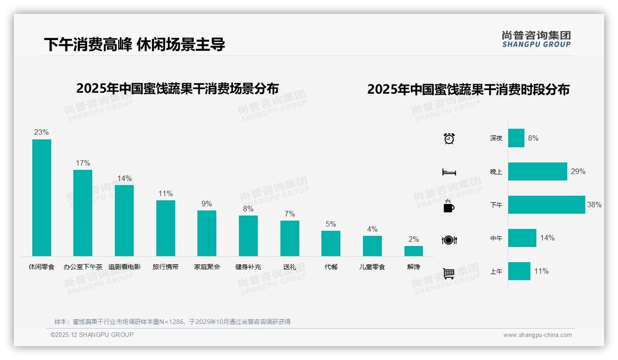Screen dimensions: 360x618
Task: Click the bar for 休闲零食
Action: pyautogui.click(x=42, y=198)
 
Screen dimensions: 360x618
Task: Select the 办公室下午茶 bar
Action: pyautogui.click(x=83, y=213)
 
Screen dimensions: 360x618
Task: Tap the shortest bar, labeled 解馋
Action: pyautogui.click(x=413, y=251)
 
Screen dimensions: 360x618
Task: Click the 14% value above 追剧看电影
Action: pyautogui.click(x=124, y=179)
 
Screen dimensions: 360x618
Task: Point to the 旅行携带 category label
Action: pyautogui.click(x=166, y=267)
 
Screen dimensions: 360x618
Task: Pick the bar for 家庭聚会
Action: pyautogui.click(x=207, y=233)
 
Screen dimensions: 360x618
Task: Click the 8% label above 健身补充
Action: pyautogui.click(x=248, y=209)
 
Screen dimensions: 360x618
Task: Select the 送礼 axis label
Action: pyautogui.click(x=290, y=267)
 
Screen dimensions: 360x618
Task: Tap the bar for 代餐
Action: pyautogui.click(x=331, y=243)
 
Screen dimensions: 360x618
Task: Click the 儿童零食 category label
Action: pyautogui.click(x=372, y=267)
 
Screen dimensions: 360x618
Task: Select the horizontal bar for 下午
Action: pyautogui.click(x=547, y=204)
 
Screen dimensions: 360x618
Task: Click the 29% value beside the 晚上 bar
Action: pyautogui.click(x=578, y=171)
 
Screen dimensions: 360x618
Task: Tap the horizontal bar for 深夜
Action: pyautogui.click(x=516, y=138)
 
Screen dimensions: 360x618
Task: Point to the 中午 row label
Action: pyautogui.click(x=496, y=238)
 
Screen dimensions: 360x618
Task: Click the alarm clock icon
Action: pyautogui.click(x=449, y=138)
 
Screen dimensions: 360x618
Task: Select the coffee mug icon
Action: pyautogui.click(x=449, y=206)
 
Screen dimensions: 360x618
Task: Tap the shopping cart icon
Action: pyautogui.click(x=449, y=273)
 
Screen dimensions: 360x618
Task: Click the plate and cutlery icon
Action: pyautogui.click(x=449, y=240)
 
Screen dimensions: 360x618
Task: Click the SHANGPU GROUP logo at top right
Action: pyautogui.click(x=536, y=39)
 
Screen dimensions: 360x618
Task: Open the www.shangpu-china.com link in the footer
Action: pyautogui.click(x=537, y=335)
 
